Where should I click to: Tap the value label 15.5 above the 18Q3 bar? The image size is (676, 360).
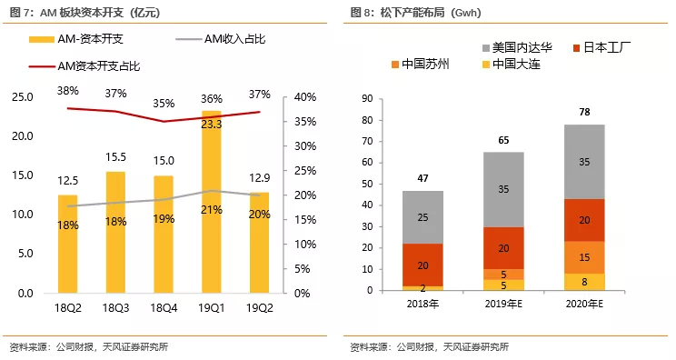pos(115,157)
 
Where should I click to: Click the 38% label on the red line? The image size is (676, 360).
pos(68,91)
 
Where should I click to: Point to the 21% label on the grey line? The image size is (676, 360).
pos(212,210)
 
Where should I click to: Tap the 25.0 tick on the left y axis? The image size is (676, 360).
pos(22,97)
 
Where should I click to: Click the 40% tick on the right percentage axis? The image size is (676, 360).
pos(304,97)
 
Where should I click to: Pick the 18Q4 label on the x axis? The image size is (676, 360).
pos(164,309)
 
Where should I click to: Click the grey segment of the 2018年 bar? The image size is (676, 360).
pos(422,217)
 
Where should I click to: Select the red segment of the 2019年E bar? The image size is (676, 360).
pos(502,247)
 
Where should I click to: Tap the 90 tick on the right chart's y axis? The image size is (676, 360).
pos(368,98)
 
